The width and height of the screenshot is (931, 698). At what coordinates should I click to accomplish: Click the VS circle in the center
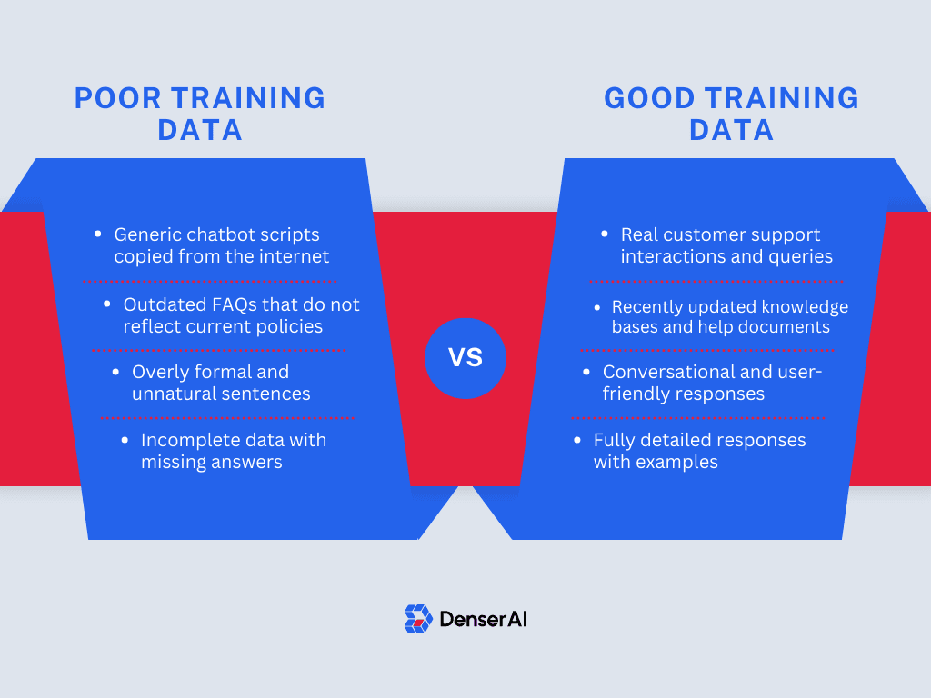465,358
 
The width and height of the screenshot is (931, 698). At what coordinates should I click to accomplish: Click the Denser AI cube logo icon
418,619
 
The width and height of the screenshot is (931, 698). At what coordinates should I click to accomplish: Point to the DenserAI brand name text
483,620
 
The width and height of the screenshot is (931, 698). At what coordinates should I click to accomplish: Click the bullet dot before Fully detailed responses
577,440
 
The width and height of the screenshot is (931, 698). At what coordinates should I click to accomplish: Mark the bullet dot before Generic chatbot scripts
98,234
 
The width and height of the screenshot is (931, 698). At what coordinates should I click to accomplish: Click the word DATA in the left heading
200,130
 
